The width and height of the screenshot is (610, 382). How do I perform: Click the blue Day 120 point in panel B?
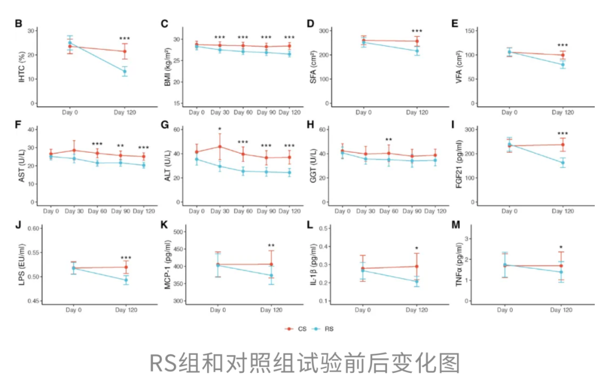(x=125, y=71)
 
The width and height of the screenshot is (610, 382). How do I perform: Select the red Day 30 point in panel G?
(x=220, y=147)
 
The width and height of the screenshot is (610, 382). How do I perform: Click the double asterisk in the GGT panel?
(x=389, y=140)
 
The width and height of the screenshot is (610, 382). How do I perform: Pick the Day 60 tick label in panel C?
(x=243, y=113)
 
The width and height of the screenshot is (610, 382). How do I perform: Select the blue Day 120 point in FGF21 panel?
(x=562, y=163)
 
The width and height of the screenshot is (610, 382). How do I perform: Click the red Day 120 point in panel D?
(x=417, y=41)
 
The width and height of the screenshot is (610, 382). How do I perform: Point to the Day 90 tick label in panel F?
(x=120, y=211)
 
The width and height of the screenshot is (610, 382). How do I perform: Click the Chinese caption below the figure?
(x=304, y=363)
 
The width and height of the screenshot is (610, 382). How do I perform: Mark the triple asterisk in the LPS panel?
(x=125, y=258)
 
